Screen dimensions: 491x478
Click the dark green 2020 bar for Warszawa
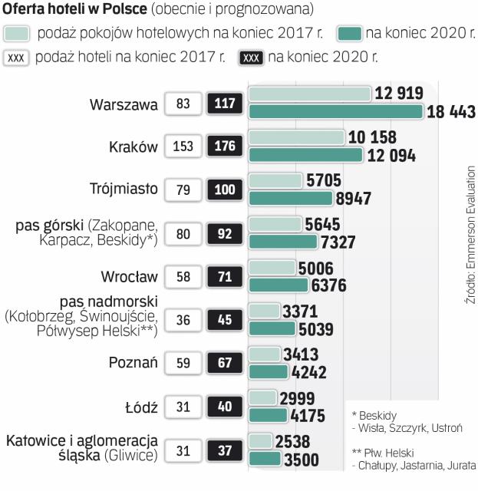tap(336, 112)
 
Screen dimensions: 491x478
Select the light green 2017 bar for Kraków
tap(296, 138)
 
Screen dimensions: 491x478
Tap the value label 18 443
tap(451, 112)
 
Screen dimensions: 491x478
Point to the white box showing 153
tap(183, 147)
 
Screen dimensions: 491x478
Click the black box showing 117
tap(225, 103)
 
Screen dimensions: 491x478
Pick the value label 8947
tap(354, 199)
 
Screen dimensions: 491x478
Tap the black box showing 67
tap(225, 363)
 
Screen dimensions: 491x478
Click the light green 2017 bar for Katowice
tap(261, 442)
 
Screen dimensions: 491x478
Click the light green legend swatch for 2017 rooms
tap(17, 34)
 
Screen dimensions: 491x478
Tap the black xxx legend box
tap(251, 58)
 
